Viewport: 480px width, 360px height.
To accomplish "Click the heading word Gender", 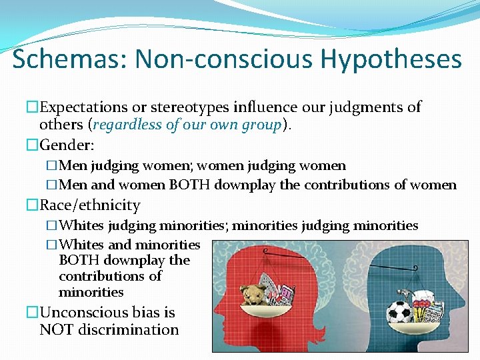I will click(66, 144).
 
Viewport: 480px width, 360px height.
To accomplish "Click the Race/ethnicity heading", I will click(90, 205).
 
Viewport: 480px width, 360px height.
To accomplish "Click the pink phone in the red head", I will click(287, 293).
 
